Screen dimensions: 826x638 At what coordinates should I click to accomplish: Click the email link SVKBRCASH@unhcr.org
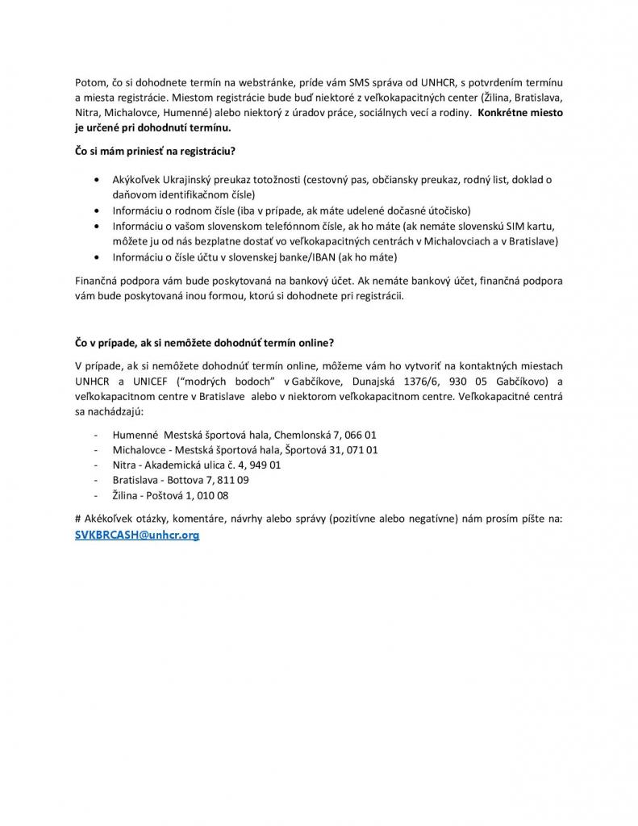[x=136, y=535]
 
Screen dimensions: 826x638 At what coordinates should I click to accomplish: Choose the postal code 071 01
[x=362, y=449]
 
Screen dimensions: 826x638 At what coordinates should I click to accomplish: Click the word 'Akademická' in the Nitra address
[x=173, y=465]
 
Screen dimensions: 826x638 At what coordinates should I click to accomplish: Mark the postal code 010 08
[x=213, y=495]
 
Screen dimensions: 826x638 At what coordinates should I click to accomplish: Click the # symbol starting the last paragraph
[x=77, y=519]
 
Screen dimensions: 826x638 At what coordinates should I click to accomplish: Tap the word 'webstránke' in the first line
[x=265, y=84]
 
